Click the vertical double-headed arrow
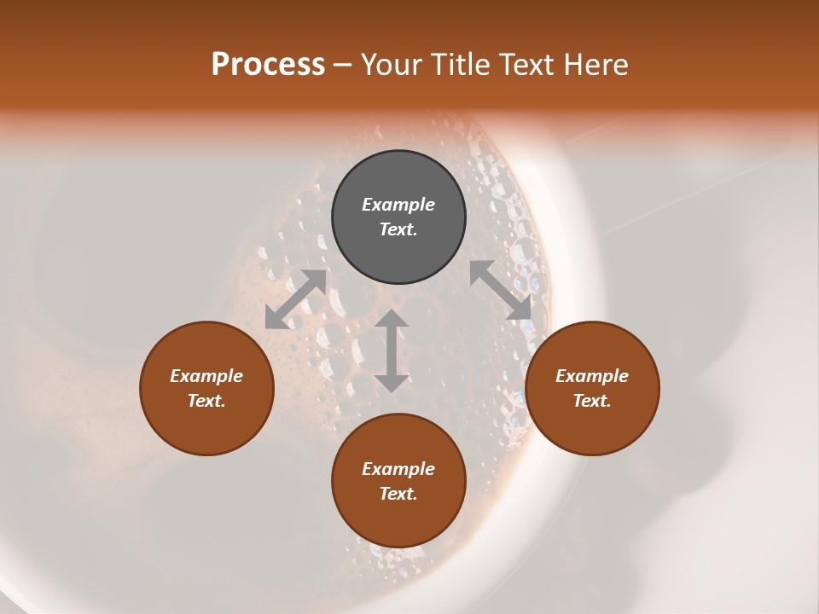coord(392,350)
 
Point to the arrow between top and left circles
coord(296,299)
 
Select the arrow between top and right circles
coord(501,290)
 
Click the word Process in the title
coord(268,65)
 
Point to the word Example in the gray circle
coord(398,205)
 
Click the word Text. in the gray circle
coord(398,229)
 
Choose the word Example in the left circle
coord(206,376)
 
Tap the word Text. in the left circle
coord(206,401)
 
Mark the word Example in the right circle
coord(592,376)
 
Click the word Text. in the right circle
coord(592,401)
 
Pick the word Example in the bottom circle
coord(398,469)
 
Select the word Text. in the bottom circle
coord(398,494)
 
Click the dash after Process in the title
coord(343,66)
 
